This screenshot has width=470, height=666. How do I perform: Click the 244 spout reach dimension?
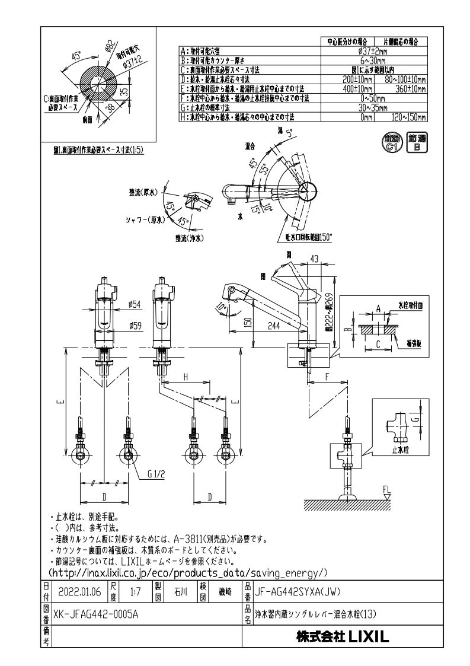(x=274, y=326)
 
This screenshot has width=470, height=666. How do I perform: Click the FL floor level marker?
(x=387, y=489)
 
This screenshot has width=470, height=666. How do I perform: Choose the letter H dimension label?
(x=186, y=377)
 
